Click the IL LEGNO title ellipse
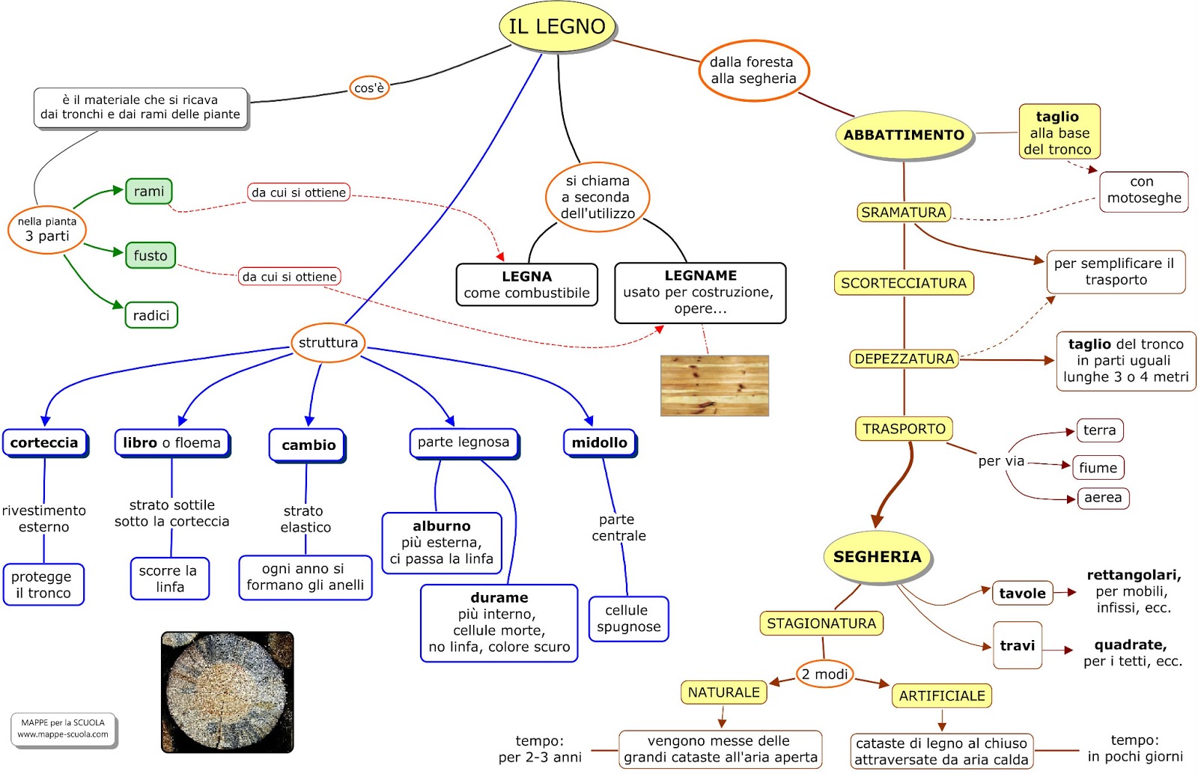tap(557, 26)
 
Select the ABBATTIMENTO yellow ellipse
tap(904, 135)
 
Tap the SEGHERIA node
tap(877, 557)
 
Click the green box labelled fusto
tap(150, 255)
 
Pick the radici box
tap(151, 315)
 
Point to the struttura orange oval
tap(328, 342)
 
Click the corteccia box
tap(45, 442)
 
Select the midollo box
tap(600, 442)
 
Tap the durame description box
tap(499, 622)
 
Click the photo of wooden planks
tap(714, 386)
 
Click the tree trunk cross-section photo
tap(228, 692)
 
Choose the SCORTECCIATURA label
tap(904, 283)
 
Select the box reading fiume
tap(1098, 468)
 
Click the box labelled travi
tap(1018, 645)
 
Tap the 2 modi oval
tap(824, 674)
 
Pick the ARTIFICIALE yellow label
tap(942, 695)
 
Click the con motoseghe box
tap(1143, 190)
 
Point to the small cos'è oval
tap(369, 88)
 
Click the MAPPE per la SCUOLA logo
tap(64, 728)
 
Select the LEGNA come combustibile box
tap(527, 284)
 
